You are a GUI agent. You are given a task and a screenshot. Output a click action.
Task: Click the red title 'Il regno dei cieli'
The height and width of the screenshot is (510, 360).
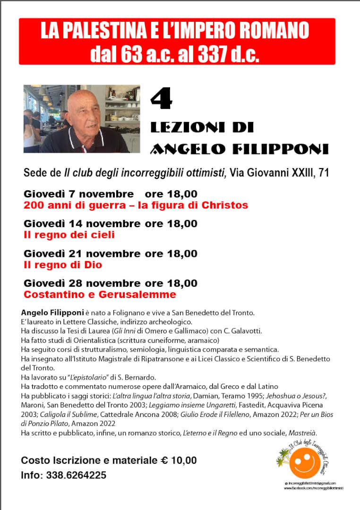69,235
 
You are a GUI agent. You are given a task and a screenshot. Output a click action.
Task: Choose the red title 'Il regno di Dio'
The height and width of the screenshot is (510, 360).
63,265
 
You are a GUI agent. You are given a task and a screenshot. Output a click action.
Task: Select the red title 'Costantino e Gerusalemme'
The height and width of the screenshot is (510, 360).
100,295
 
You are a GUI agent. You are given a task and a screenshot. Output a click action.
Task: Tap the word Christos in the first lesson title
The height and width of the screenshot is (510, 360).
224,205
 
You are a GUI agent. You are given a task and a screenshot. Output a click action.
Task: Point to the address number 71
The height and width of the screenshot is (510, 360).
324,173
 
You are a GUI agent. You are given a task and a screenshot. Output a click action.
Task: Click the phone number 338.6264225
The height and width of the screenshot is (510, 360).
76,476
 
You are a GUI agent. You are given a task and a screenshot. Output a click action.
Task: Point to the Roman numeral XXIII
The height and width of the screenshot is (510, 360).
298,173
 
